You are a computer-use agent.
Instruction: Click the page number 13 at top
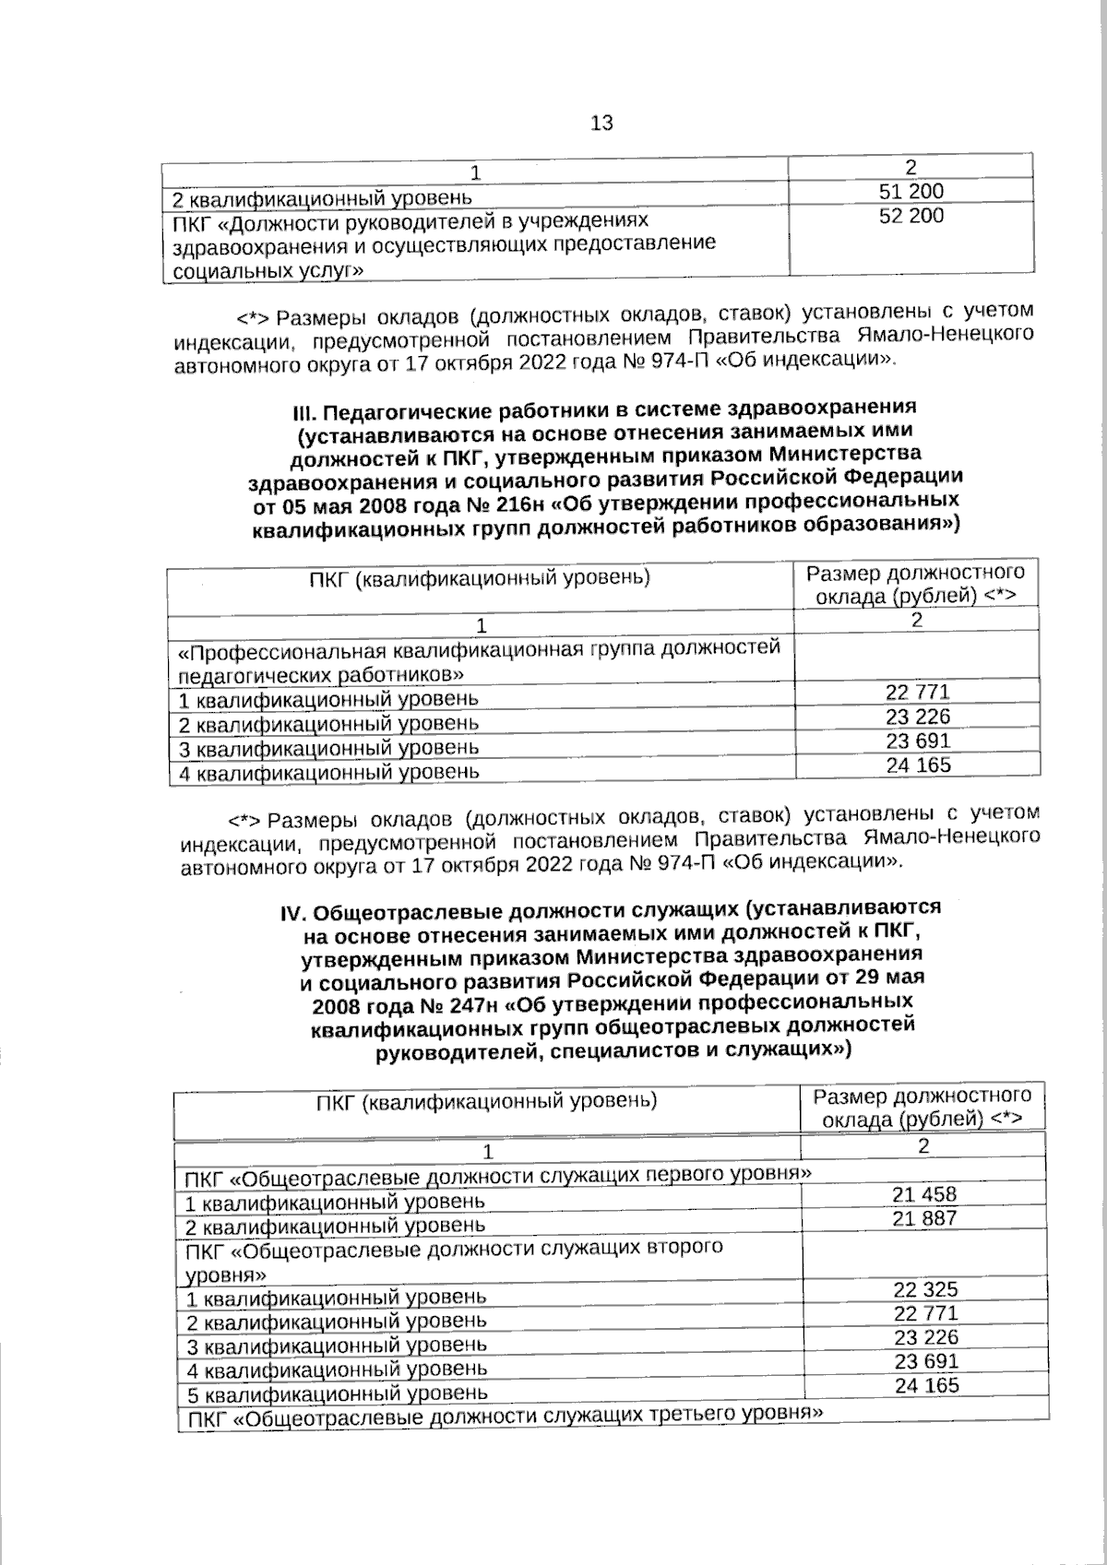(x=601, y=123)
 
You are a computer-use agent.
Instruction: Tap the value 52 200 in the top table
(x=911, y=216)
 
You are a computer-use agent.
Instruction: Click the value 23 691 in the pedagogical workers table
(x=917, y=741)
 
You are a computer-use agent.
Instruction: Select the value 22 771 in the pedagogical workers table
(x=917, y=693)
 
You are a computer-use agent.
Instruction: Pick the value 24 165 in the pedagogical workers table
(x=918, y=765)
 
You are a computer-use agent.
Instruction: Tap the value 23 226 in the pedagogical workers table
(x=917, y=717)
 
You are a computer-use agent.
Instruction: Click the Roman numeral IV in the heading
(x=292, y=913)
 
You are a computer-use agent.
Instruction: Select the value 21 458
(x=924, y=1194)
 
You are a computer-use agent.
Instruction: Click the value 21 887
(x=924, y=1218)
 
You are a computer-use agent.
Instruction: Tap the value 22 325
(x=925, y=1289)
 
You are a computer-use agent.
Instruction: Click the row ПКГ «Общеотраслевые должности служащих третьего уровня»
(x=504, y=1416)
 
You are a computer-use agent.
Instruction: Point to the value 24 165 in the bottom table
(x=926, y=1385)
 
